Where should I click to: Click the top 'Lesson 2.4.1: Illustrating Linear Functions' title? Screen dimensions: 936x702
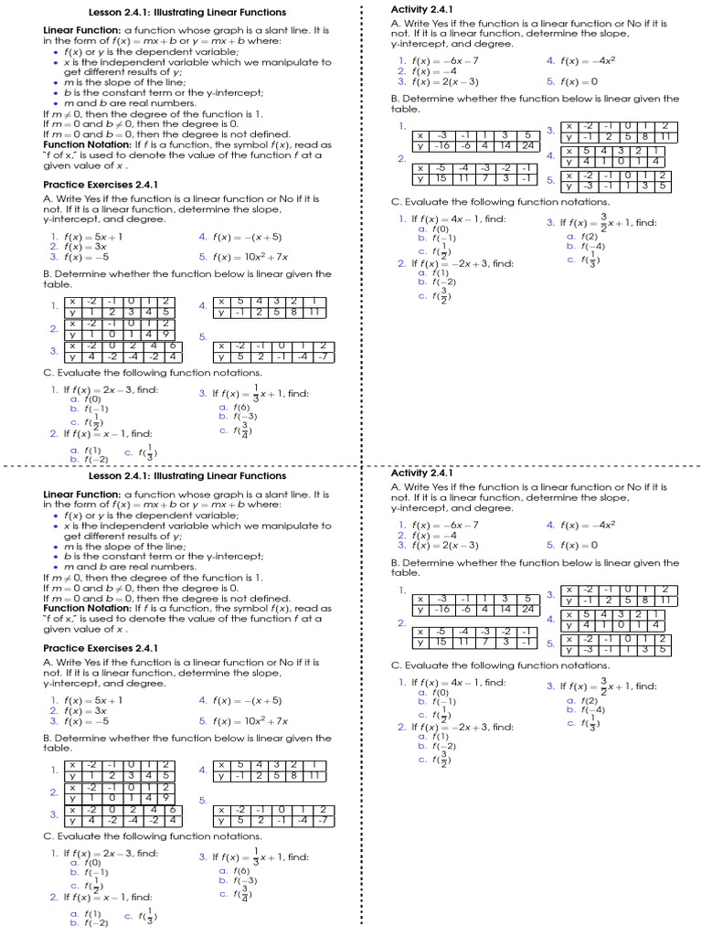point(187,13)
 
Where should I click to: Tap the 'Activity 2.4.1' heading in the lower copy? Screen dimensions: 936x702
point(421,473)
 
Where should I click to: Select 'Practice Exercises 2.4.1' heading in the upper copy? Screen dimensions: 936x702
point(101,185)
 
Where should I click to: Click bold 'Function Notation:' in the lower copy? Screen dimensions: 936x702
point(87,609)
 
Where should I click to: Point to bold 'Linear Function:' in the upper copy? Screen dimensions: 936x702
point(82,30)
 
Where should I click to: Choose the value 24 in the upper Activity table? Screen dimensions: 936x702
point(527,146)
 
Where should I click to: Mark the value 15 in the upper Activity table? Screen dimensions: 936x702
point(442,179)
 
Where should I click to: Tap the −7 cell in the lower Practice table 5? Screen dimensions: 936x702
point(322,821)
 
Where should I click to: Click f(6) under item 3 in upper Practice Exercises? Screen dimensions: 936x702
point(241,408)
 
